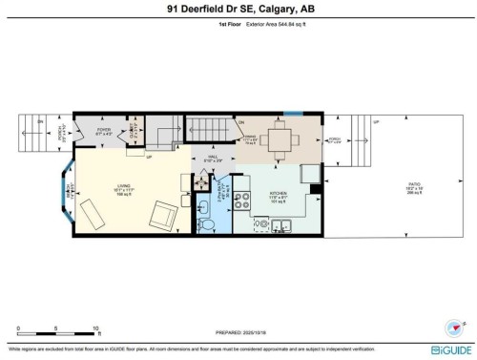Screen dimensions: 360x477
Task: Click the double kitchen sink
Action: [x=280, y=227]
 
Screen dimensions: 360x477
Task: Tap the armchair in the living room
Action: [x=163, y=216]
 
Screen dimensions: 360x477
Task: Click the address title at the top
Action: [x=238, y=11]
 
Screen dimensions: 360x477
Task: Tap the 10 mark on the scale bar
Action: [x=95, y=329]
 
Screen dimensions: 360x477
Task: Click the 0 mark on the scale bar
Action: [x=19, y=329]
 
